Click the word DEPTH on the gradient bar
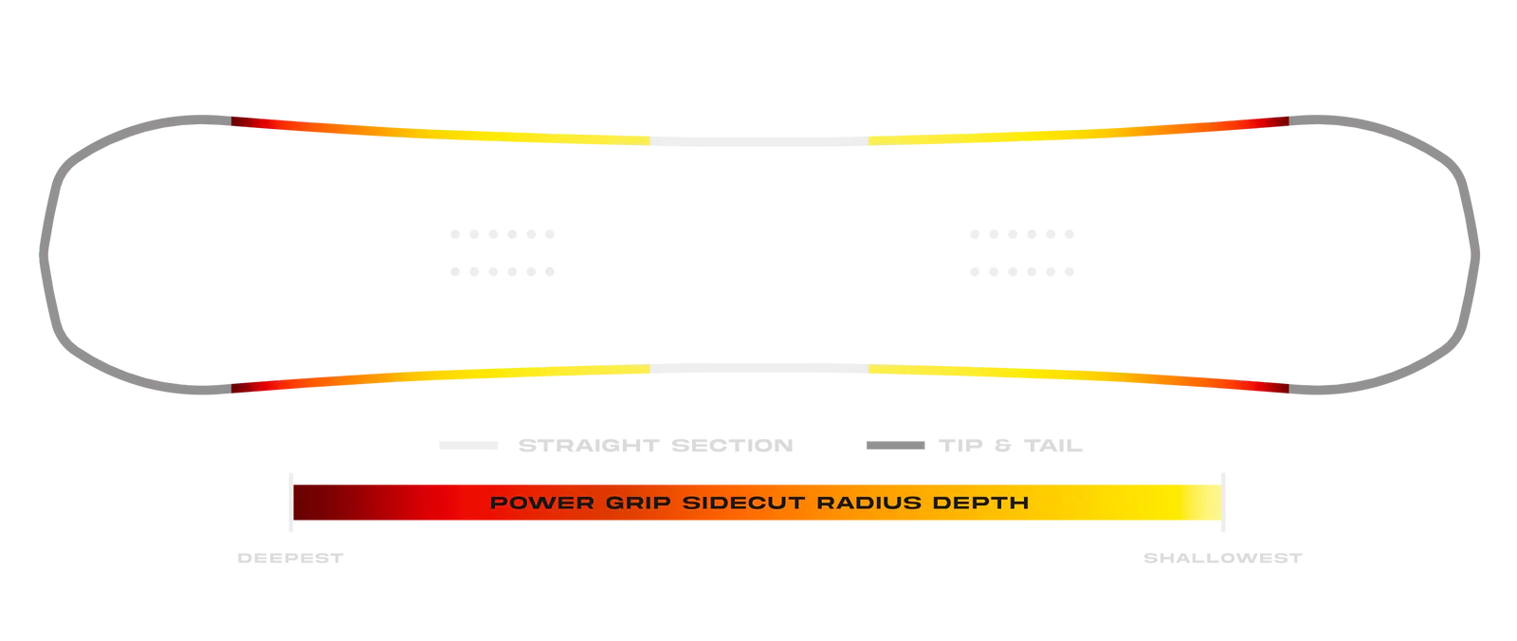983,502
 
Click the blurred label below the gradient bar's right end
1220,558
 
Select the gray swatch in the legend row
894,444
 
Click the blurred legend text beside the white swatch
655,444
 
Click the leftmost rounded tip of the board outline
43,251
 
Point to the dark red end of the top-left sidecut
243,121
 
